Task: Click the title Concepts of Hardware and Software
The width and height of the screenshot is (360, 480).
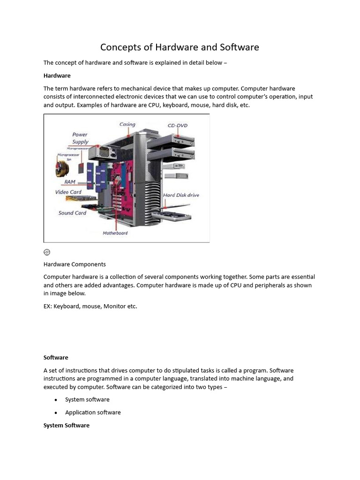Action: (180, 47)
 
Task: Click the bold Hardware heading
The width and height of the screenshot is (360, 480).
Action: (57, 75)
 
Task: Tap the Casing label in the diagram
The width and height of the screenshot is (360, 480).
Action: (127, 124)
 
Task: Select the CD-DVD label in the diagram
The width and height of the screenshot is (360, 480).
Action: (178, 125)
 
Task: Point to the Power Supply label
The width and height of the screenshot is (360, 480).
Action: (80, 138)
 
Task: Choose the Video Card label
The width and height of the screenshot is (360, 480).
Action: (68, 192)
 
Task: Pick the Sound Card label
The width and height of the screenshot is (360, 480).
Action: (72, 213)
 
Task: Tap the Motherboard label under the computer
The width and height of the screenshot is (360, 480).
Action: (115, 233)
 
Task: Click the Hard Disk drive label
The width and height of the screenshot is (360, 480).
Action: (181, 195)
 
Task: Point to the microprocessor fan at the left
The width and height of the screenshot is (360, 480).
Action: (61, 169)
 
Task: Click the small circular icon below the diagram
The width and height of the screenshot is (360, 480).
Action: (47, 252)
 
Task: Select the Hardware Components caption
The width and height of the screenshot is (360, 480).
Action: (75, 264)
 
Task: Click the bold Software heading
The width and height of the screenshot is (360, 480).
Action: (56, 357)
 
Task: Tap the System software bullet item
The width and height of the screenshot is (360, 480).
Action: (87, 399)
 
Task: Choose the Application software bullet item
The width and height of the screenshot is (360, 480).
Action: (93, 412)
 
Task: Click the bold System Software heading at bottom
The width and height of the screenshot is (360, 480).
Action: (66, 425)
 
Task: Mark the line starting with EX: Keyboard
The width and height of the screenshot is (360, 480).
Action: (90, 306)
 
